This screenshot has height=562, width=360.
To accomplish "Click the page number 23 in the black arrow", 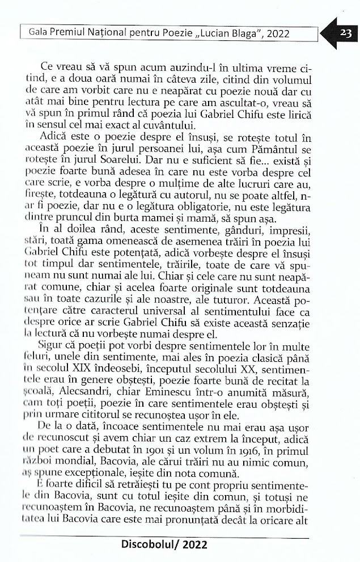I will tap(345, 33).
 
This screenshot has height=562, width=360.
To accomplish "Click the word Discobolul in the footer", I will tap(153, 546).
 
